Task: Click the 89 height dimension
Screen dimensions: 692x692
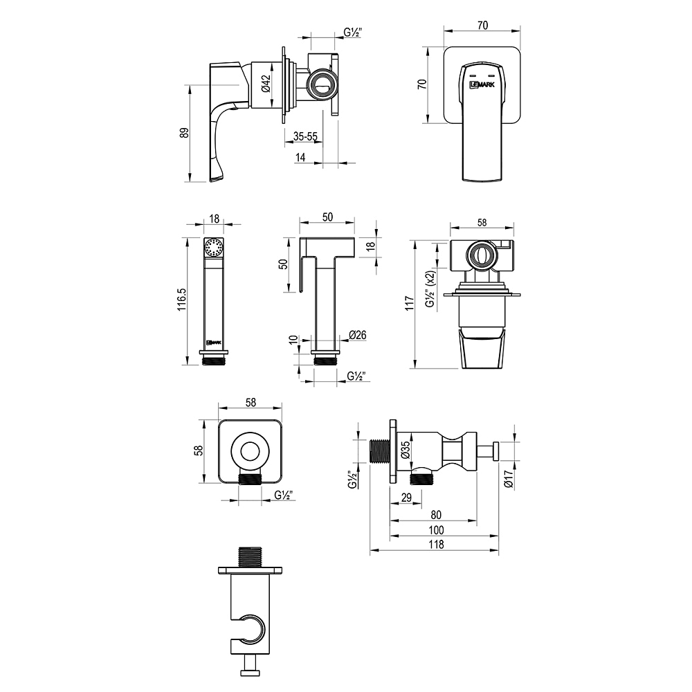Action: click(x=184, y=134)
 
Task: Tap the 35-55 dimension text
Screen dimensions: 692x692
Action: click(x=305, y=137)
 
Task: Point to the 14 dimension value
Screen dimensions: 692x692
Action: click(x=300, y=158)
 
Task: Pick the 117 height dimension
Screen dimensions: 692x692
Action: click(x=409, y=302)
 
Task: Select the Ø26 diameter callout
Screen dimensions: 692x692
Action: click(x=358, y=336)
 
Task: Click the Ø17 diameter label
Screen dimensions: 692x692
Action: click(x=509, y=479)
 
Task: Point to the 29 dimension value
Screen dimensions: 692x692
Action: click(x=407, y=498)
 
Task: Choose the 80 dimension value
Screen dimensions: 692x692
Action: click(x=435, y=514)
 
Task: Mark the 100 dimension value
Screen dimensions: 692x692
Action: click(x=436, y=529)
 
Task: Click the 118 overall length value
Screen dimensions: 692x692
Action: click(x=436, y=545)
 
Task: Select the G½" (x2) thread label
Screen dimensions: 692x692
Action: click(x=430, y=289)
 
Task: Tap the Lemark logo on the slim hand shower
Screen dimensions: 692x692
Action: click(x=215, y=341)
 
